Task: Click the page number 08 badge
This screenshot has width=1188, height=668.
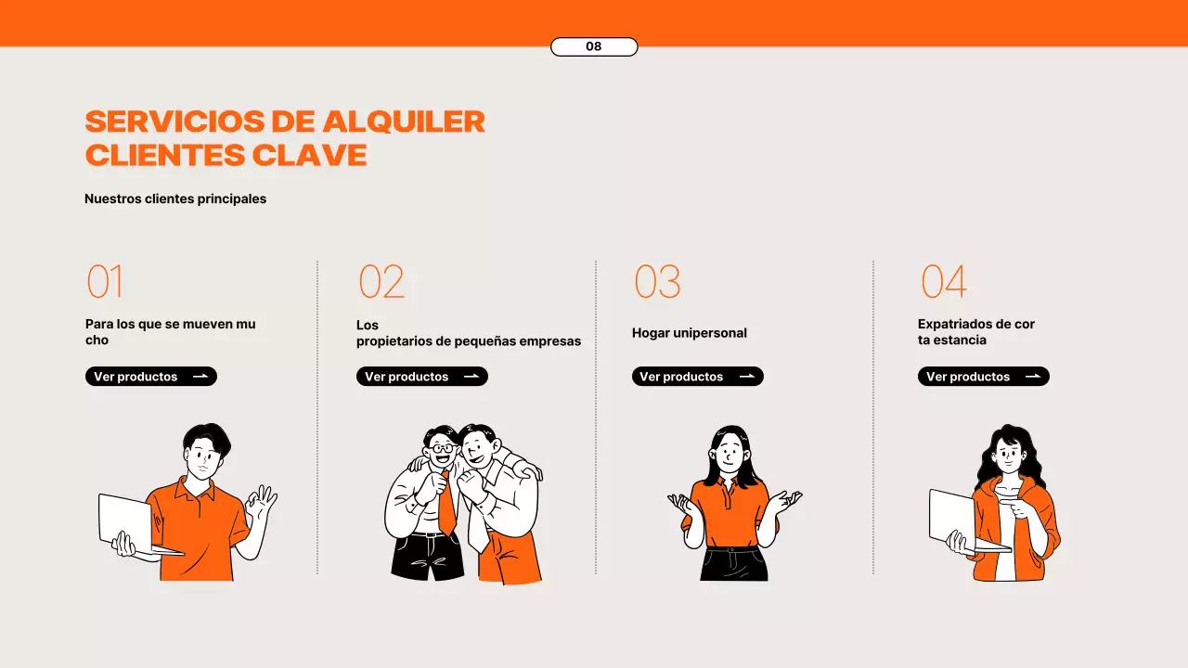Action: click(x=594, y=46)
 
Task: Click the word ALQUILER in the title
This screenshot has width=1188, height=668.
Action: click(x=404, y=122)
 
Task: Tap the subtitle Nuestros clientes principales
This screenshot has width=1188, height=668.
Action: click(x=175, y=199)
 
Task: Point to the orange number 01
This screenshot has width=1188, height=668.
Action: click(x=105, y=282)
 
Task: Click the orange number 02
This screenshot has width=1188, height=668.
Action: click(x=381, y=282)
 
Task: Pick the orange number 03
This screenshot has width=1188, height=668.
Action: click(x=657, y=282)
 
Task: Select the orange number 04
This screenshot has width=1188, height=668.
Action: click(x=943, y=282)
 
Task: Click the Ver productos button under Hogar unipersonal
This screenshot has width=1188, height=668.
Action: click(x=697, y=377)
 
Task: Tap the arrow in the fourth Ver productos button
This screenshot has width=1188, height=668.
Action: click(x=1033, y=377)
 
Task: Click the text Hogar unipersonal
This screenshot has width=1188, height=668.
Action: click(x=689, y=333)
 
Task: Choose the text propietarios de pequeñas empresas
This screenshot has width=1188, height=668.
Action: click(x=469, y=341)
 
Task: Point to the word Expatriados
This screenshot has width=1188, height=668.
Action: click(x=955, y=324)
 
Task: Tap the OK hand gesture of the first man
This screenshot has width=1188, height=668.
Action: click(x=262, y=503)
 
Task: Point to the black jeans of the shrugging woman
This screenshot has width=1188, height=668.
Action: click(x=733, y=564)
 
